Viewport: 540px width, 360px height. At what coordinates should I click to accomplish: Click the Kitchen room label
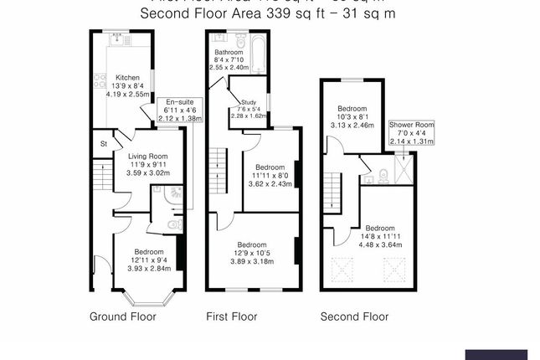point(126,77)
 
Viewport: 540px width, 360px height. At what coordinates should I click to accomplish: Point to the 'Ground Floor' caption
point(119,317)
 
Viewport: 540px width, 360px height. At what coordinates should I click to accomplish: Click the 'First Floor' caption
point(232,317)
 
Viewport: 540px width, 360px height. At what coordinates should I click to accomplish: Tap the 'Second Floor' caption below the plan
point(355,317)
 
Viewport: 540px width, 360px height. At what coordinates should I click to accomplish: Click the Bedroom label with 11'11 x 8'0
point(268,167)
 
